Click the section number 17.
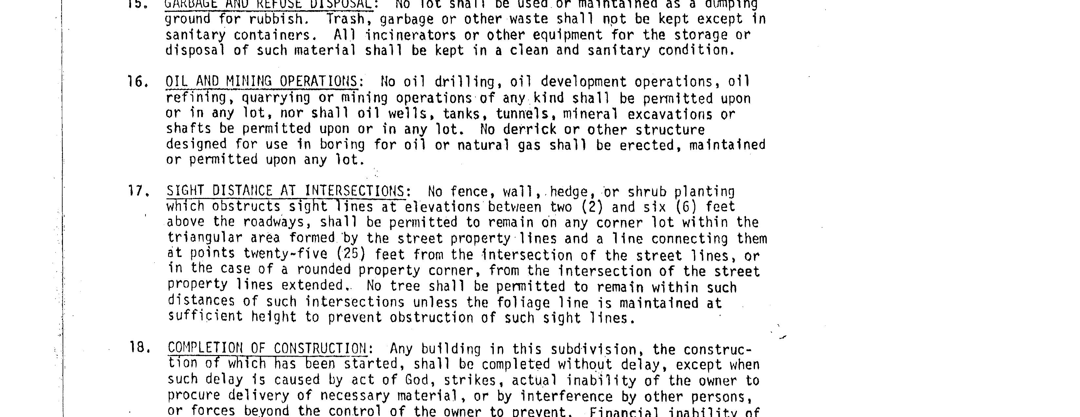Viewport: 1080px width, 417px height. tap(138, 192)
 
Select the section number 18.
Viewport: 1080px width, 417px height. tap(139, 348)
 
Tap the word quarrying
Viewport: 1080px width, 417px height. tap(276, 98)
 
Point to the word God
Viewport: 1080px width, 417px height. tap(417, 380)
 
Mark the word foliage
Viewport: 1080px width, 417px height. tap(523, 303)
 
